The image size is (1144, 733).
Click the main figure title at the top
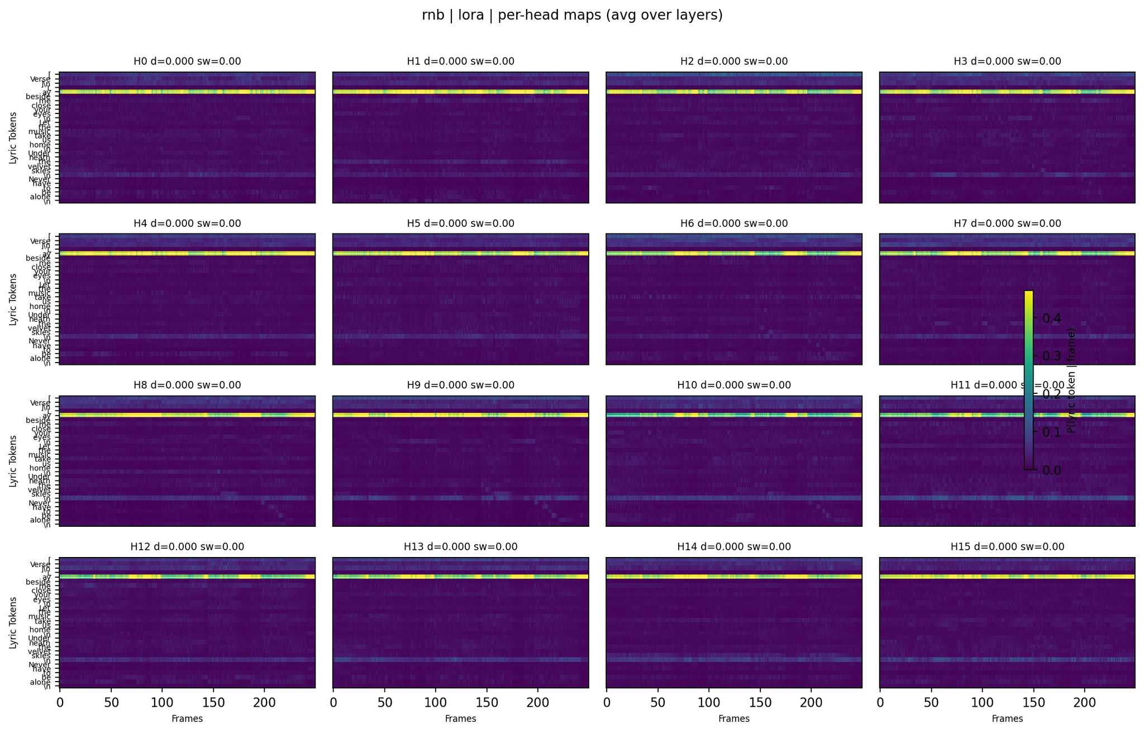pyautogui.click(x=572, y=16)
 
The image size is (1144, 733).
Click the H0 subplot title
pyautogui.click(x=187, y=61)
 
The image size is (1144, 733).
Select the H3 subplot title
pyautogui.click(x=1007, y=61)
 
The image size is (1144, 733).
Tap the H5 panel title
pyautogui.click(x=460, y=223)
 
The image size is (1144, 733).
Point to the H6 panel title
pyautogui.click(x=734, y=223)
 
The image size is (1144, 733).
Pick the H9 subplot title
pyautogui.click(x=460, y=385)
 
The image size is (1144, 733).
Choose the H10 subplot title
pyautogui.click(x=734, y=385)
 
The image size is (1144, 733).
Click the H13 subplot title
pyautogui.click(x=460, y=547)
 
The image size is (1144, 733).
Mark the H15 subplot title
pyautogui.click(x=1007, y=547)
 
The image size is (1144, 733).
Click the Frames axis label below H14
pyautogui.click(x=734, y=719)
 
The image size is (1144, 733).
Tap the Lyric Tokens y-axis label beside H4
pyautogui.click(x=12, y=299)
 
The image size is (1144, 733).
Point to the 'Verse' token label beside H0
pyautogui.click(x=41, y=79)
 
